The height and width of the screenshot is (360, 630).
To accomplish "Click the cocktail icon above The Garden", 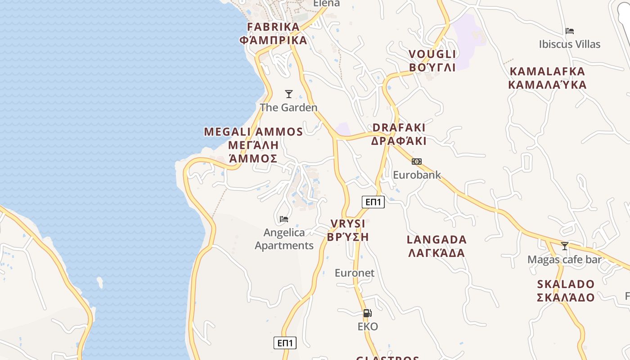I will click(x=289, y=94).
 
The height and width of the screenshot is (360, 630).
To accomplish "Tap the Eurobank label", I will click(x=417, y=175).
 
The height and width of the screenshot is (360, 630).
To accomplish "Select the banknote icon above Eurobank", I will click(x=417, y=161).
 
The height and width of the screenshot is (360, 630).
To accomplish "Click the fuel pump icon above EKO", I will click(x=367, y=313).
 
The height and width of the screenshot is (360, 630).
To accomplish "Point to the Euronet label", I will click(x=355, y=273).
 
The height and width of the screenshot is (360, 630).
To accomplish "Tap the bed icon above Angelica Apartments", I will click(x=283, y=219).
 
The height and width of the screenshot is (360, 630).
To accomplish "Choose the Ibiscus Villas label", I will click(x=570, y=44).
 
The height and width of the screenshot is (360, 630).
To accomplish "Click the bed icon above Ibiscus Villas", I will click(x=570, y=31).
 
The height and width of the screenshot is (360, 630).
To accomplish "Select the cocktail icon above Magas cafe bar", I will click(x=564, y=246).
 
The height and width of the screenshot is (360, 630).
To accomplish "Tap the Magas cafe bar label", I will click(x=564, y=260).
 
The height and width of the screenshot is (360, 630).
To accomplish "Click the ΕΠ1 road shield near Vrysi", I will click(x=373, y=202).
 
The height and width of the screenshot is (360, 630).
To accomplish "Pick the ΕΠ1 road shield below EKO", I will click(x=285, y=343).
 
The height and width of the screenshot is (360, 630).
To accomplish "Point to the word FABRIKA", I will click(x=274, y=27).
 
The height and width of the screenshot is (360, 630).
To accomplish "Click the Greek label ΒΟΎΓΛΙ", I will click(x=432, y=67).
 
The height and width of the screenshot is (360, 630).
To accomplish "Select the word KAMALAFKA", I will click(x=547, y=72).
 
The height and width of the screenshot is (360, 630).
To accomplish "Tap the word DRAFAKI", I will click(x=399, y=127).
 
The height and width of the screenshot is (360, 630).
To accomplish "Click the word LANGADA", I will click(x=436, y=239).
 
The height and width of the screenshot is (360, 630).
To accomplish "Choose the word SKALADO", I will click(x=566, y=284).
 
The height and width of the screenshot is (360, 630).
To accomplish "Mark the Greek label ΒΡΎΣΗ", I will click(x=348, y=237).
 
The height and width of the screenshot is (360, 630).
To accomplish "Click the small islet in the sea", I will click(x=99, y=282).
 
